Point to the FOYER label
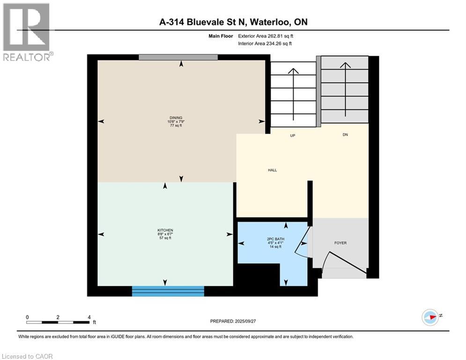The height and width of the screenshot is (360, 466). (340, 243)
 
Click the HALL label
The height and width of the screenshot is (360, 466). (272, 170)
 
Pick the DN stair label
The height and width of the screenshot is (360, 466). (345, 135)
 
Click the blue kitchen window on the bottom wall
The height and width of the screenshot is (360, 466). (168, 291)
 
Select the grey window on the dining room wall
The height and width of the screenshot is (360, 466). (178, 57)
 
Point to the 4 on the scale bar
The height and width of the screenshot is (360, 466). (89, 317)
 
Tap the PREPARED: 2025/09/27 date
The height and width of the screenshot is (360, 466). (233, 321)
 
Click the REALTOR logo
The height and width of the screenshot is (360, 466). (27, 32)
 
